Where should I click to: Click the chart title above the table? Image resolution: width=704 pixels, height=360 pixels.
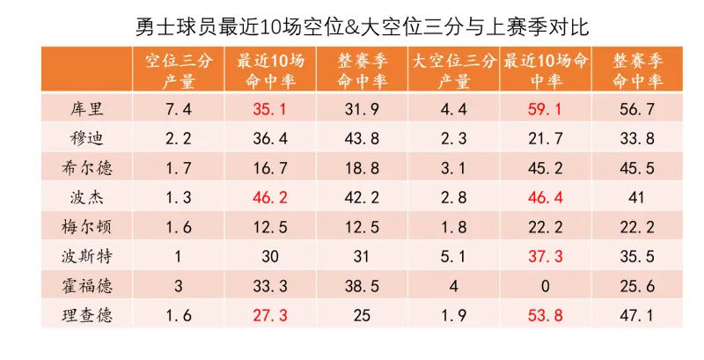(363, 26)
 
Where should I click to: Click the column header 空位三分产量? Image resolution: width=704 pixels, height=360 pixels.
(180, 71)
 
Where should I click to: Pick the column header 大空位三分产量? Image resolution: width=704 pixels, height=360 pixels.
(454, 71)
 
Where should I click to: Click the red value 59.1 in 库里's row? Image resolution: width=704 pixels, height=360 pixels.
(544, 110)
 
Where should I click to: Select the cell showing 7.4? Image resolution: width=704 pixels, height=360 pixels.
(180, 110)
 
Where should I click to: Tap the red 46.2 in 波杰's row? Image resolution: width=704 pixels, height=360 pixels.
(271, 197)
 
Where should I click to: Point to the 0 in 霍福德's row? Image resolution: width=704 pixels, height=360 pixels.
(544, 286)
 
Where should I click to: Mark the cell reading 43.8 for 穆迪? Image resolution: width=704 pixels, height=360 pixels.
(363, 139)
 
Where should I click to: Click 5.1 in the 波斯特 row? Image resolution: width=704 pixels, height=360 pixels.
(454, 256)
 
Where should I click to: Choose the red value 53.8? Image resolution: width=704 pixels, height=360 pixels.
(544, 315)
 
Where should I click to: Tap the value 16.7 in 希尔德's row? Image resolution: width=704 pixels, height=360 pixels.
(271, 168)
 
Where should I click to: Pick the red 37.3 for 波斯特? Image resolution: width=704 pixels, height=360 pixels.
(544, 256)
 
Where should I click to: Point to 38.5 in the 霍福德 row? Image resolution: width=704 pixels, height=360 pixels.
(363, 286)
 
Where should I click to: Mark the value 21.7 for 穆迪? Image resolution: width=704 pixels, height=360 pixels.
(544, 139)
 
